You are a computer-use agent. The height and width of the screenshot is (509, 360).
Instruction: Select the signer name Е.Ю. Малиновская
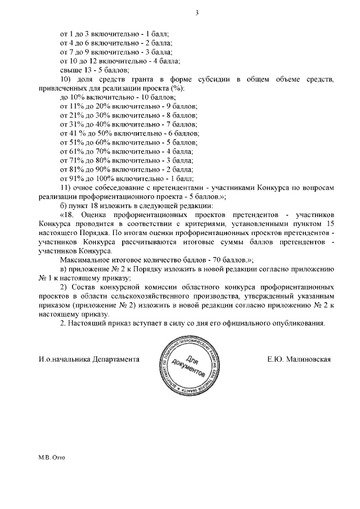click(x=299, y=359)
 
